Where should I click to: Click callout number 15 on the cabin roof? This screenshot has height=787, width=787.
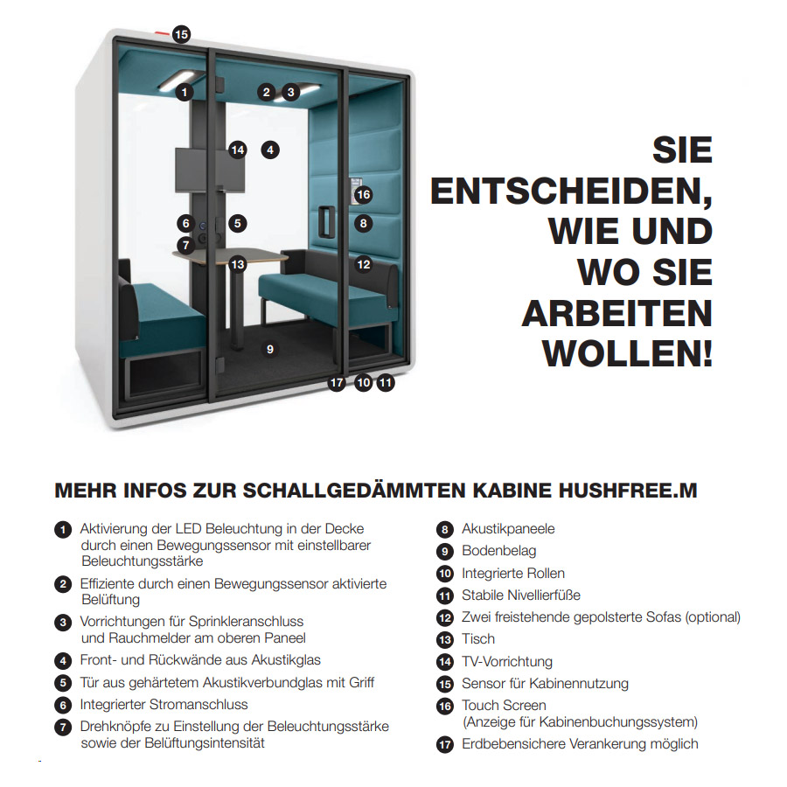(181, 35)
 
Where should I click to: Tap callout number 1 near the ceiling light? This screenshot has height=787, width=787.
(185, 91)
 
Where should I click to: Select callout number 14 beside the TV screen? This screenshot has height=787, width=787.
(238, 150)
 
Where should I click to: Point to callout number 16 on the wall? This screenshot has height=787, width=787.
(363, 194)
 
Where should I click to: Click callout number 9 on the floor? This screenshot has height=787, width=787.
(270, 349)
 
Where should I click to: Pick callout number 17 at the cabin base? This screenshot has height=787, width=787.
(338, 382)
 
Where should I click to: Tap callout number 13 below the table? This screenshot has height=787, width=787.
(238, 263)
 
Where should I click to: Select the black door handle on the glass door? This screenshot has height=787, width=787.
(327, 222)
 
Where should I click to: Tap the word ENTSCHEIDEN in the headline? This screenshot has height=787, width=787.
(571, 191)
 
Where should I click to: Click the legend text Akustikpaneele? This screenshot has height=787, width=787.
(508, 529)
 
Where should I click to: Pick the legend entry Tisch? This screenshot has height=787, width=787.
(477, 639)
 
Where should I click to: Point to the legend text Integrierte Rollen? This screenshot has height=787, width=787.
(513, 574)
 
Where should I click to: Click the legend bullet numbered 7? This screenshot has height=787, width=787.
(62, 727)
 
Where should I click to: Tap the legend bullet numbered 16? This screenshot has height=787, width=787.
(445, 706)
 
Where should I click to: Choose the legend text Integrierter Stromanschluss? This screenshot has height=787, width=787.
(164, 705)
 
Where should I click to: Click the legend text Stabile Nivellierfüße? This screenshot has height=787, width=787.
(520, 595)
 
